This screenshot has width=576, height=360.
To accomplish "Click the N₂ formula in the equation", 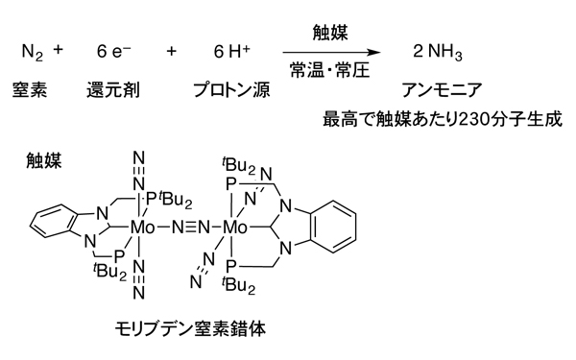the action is pos(33,52).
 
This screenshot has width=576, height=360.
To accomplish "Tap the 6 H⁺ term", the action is pos(231,51).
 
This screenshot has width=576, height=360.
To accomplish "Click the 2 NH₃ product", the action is pos(438,52).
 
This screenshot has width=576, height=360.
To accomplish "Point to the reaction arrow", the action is pos(332,53).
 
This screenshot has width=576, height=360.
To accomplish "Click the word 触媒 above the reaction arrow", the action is pos(330,33).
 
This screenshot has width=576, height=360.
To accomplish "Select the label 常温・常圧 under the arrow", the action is pos(329,70).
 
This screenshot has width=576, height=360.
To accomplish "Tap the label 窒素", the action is pos(30,89).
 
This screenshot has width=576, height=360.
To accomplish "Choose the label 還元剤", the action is pos(112,90).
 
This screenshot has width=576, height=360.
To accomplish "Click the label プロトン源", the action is pos(231,90).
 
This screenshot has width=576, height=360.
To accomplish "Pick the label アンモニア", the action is pos(442,90).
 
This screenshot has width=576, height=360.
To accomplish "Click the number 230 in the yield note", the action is pos(469,119).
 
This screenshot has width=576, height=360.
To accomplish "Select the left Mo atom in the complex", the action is pos(143,228).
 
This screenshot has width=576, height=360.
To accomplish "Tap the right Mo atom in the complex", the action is pos(235,228).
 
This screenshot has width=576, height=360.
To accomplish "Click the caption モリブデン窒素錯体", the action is pos(190,328).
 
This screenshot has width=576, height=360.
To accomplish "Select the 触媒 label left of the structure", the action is pos(44,160).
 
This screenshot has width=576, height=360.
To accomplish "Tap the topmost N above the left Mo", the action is pos(139,158).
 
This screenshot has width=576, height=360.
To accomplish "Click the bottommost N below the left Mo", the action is pos(139,293).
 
